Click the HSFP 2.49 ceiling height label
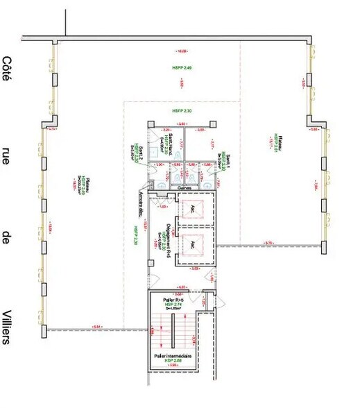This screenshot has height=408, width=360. [x=182, y=67]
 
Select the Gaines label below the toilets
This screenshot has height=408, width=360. [x=185, y=187]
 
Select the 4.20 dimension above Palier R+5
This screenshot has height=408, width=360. [x=182, y=286]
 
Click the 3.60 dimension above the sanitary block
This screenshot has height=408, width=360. [x=182, y=124]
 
